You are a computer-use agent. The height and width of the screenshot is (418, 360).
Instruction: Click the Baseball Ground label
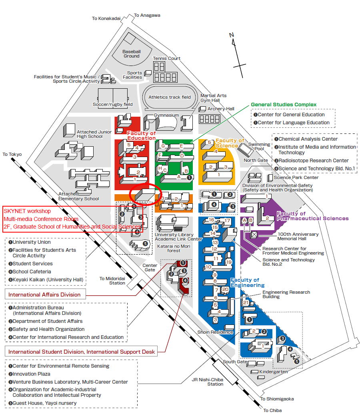(131, 54)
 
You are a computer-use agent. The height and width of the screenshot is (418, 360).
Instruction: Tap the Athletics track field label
(170, 97)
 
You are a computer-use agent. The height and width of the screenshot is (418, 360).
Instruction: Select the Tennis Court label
(166, 58)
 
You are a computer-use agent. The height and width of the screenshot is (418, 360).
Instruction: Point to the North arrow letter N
(231, 35)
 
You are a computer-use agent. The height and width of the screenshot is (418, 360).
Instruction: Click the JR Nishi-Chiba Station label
(208, 382)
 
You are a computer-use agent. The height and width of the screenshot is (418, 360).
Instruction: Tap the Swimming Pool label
(259, 146)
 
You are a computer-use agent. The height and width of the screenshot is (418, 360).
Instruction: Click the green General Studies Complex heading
(284, 105)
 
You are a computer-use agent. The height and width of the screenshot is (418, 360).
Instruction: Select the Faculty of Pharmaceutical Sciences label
(312, 216)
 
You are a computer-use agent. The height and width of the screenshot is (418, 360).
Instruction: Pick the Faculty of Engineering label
(247, 283)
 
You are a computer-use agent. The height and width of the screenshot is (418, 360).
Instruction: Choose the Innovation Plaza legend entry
(29, 374)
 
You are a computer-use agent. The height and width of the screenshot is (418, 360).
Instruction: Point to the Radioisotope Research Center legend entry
(312, 161)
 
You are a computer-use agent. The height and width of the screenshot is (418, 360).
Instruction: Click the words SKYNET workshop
(27, 211)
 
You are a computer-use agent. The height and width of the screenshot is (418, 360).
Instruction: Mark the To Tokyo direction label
(12, 154)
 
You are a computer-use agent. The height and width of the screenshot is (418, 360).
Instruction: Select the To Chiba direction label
(272, 410)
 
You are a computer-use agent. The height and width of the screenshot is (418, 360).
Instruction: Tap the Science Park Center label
(296, 177)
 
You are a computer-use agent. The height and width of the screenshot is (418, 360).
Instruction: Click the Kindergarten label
(274, 372)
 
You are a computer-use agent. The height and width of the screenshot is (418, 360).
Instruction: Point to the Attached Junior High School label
(94, 134)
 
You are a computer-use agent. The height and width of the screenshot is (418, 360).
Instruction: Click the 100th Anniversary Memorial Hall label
(298, 237)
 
